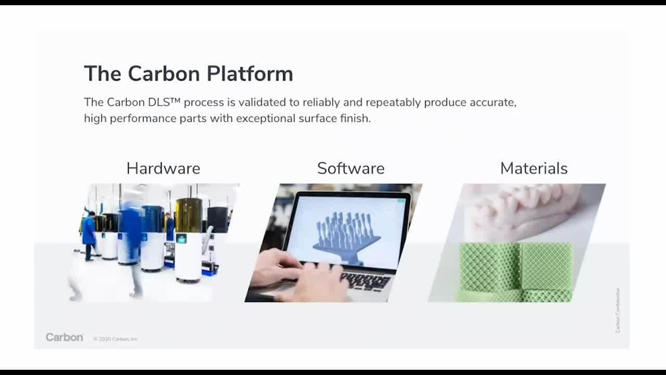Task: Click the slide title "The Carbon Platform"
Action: coord(188,73)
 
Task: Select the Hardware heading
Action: coord(163,168)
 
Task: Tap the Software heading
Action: coord(351,168)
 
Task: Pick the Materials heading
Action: coord(533,168)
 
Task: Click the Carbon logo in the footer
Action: coord(64,337)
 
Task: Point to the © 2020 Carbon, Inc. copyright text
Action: coord(116,339)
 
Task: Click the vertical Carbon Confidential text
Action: coord(618,310)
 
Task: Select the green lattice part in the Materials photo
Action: coord(515,271)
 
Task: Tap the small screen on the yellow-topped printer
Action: coord(182,239)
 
